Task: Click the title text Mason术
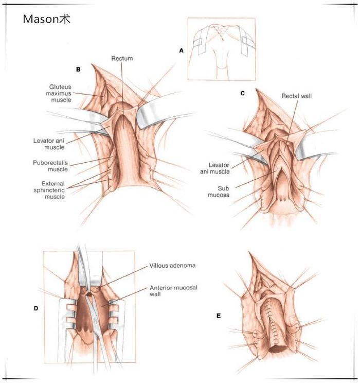coord(46,20)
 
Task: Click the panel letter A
coord(181,50)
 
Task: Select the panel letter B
coord(78,68)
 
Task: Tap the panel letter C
coord(242,93)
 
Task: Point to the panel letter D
coord(36,308)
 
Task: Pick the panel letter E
coord(219,315)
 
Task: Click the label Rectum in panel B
coord(122,59)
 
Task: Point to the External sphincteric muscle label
coord(53,190)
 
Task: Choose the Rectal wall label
coord(296,96)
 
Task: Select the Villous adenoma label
coord(172,266)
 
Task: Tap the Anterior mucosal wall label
coord(171,291)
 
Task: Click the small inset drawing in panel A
coord(221,49)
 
